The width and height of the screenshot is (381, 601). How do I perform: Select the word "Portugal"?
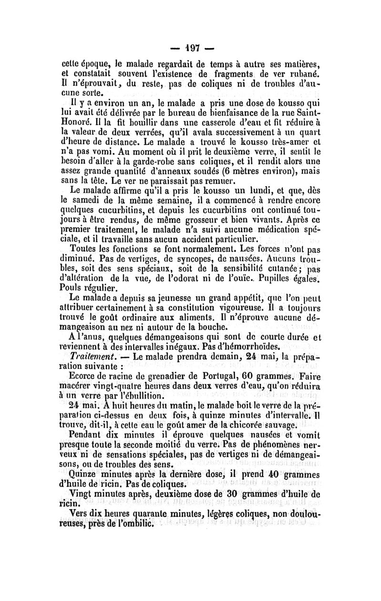[218, 376]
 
